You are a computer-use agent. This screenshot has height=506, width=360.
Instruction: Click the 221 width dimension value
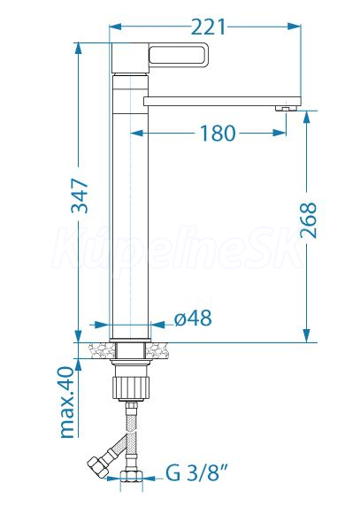tap(209, 27)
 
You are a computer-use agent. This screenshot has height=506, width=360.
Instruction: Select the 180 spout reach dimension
tap(218, 133)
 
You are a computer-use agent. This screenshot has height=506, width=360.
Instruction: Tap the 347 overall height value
tap(80, 195)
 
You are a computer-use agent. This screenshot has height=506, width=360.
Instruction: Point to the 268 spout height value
tap(309, 220)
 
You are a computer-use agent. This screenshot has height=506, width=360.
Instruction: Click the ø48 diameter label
tap(193, 318)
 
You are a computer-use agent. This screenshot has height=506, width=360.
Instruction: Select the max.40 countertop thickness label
tap(68, 402)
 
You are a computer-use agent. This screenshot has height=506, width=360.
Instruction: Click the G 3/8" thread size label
tap(196, 473)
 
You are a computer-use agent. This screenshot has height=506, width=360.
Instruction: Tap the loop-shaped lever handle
tap(177, 55)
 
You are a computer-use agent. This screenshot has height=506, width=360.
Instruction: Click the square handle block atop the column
tap(130, 58)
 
